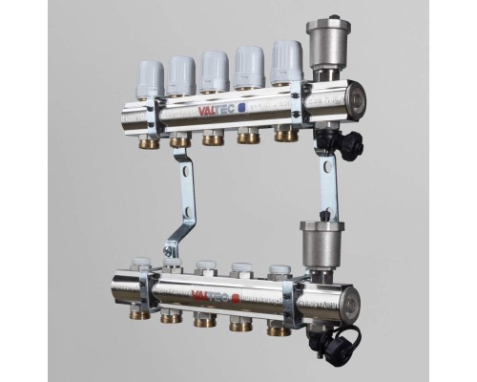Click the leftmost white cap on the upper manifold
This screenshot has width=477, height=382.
(150, 78)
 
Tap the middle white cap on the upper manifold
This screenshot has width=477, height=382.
(215, 71)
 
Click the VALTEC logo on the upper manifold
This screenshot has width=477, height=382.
(217, 110)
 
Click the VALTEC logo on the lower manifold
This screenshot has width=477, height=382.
(211, 296)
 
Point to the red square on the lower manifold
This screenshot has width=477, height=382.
(237, 298)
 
